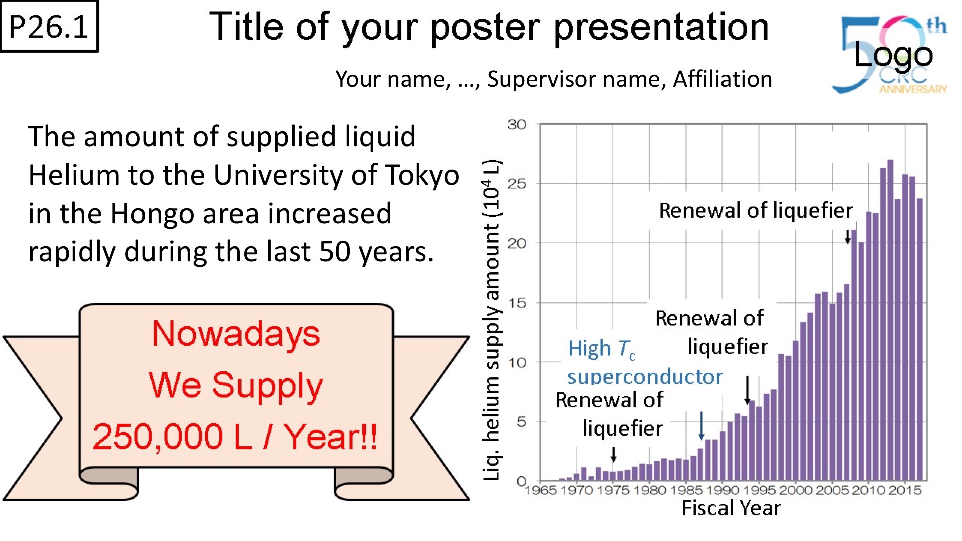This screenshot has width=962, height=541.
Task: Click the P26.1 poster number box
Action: [x=49, y=26]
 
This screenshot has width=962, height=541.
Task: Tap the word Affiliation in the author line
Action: [x=722, y=79]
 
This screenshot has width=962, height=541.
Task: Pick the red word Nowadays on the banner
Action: [x=236, y=334]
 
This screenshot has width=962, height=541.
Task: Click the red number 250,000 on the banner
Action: [x=158, y=437]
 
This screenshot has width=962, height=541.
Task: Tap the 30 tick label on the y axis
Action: [x=517, y=124]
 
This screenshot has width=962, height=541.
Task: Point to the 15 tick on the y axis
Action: [x=517, y=303]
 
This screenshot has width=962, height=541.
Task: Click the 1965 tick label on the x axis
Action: [x=540, y=490]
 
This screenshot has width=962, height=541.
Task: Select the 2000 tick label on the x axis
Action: [x=795, y=490]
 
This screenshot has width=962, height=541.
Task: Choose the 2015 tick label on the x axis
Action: [x=905, y=490]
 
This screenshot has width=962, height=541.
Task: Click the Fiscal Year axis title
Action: [x=731, y=508]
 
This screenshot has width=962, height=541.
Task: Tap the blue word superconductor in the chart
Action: [x=645, y=377]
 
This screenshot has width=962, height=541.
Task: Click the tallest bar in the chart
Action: [x=890, y=320]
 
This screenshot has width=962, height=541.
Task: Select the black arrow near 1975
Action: [x=614, y=454]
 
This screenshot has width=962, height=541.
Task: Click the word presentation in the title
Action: [x=661, y=28]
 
